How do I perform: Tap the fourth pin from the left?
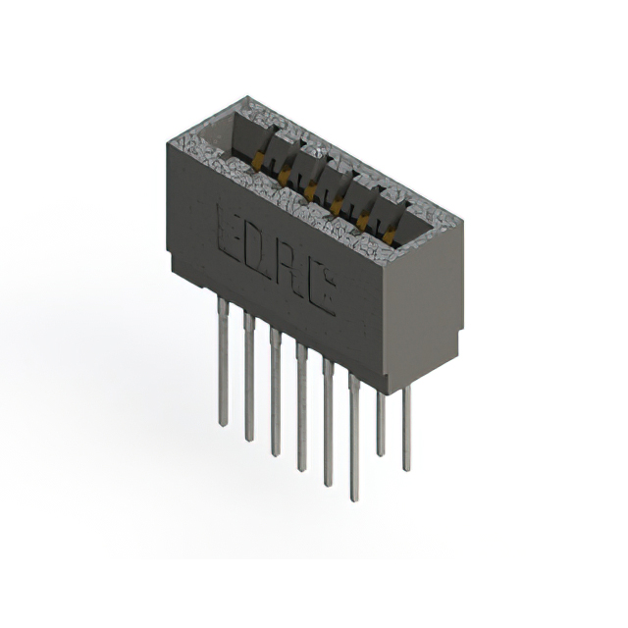[x=301, y=406]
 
